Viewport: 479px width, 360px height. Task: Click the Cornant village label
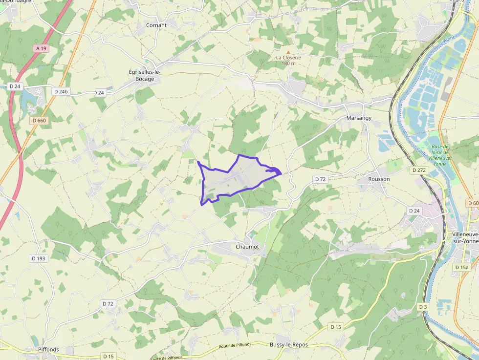click(156, 25)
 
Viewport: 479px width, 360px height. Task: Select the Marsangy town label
click(359, 118)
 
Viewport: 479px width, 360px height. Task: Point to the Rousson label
click(379, 179)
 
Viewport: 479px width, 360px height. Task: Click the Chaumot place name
click(247, 247)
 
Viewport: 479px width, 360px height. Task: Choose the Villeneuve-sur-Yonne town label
click(462, 238)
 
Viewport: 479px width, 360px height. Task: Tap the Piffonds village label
click(48, 349)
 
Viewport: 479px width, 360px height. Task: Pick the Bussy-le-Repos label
click(289, 344)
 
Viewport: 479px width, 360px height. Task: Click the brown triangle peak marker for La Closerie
click(288, 52)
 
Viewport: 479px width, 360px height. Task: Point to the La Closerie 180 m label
click(288, 60)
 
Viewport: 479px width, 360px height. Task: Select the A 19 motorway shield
click(41, 48)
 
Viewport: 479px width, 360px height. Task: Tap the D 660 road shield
click(39, 120)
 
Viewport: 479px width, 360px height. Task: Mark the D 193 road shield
click(39, 258)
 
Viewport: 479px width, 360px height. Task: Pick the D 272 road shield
click(419, 170)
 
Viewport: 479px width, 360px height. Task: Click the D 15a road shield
click(461, 267)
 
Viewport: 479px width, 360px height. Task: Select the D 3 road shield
click(423, 306)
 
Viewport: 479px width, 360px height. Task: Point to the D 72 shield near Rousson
click(320, 179)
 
